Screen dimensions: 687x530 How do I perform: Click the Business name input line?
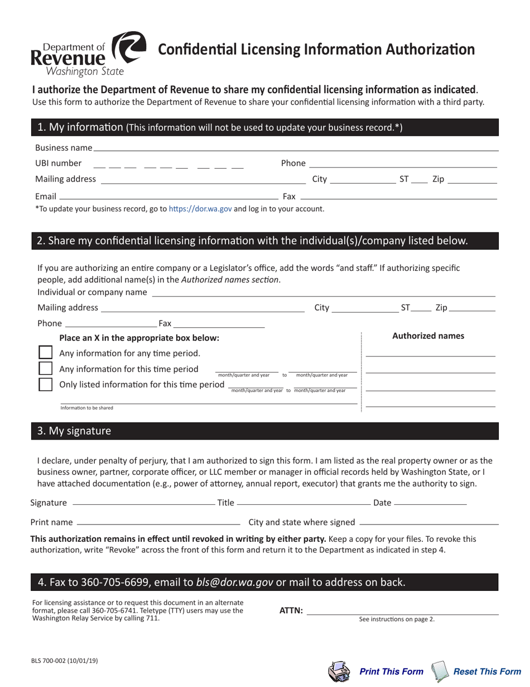[x=296, y=147]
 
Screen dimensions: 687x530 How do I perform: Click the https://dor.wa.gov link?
[x=200, y=209]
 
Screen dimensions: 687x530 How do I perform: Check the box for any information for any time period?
[x=45, y=353]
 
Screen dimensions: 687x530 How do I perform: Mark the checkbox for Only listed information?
[x=45, y=384]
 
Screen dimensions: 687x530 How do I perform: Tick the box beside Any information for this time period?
[x=45, y=369]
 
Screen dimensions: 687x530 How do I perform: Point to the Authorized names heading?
[x=428, y=336]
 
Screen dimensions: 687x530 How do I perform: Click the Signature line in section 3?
[x=143, y=503]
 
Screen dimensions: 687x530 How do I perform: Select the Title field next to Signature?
[x=303, y=503]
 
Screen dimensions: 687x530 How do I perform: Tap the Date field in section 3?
[x=430, y=503]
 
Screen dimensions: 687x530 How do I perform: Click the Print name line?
[x=158, y=522]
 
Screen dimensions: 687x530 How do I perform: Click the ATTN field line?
[x=402, y=611]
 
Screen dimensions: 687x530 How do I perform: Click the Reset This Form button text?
[x=487, y=671]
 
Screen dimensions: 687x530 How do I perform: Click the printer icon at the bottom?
[x=338, y=671]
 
